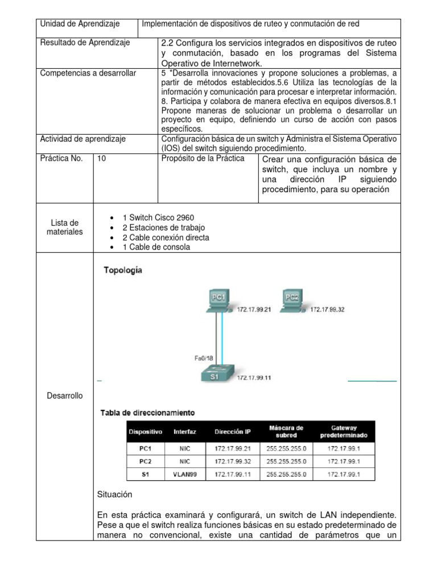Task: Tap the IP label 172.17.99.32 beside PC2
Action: (x=327, y=310)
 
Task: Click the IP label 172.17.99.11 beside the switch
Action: (x=254, y=377)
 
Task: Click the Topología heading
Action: (x=123, y=271)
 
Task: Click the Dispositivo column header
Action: (x=146, y=432)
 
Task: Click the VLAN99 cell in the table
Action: (x=185, y=473)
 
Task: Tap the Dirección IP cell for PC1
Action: (x=232, y=448)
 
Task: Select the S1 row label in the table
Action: (x=146, y=473)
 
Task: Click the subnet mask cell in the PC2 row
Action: (x=286, y=461)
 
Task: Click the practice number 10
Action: (x=101, y=159)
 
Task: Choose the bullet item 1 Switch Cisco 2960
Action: (x=158, y=218)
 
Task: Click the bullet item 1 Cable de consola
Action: (x=156, y=247)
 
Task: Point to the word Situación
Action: (x=115, y=495)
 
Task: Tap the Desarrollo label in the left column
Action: (x=64, y=396)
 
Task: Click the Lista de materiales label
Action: (x=64, y=227)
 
